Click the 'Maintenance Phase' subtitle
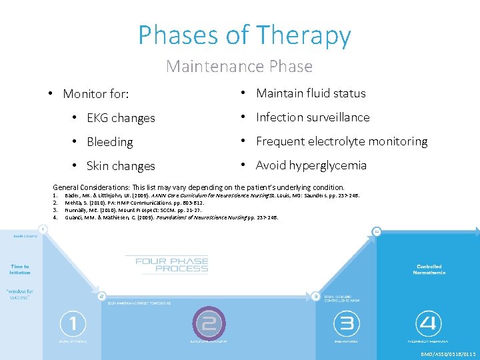(x=239, y=67)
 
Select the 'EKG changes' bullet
(x=121, y=118)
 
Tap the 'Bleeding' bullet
(x=109, y=142)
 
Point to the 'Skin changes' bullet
(x=121, y=166)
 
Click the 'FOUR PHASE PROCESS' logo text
(x=172, y=265)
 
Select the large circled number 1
(x=73, y=324)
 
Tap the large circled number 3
(x=347, y=324)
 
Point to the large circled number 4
(x=428, y=324)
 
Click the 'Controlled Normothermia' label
(x=429, y=269)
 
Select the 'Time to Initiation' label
(x=19, y=269)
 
